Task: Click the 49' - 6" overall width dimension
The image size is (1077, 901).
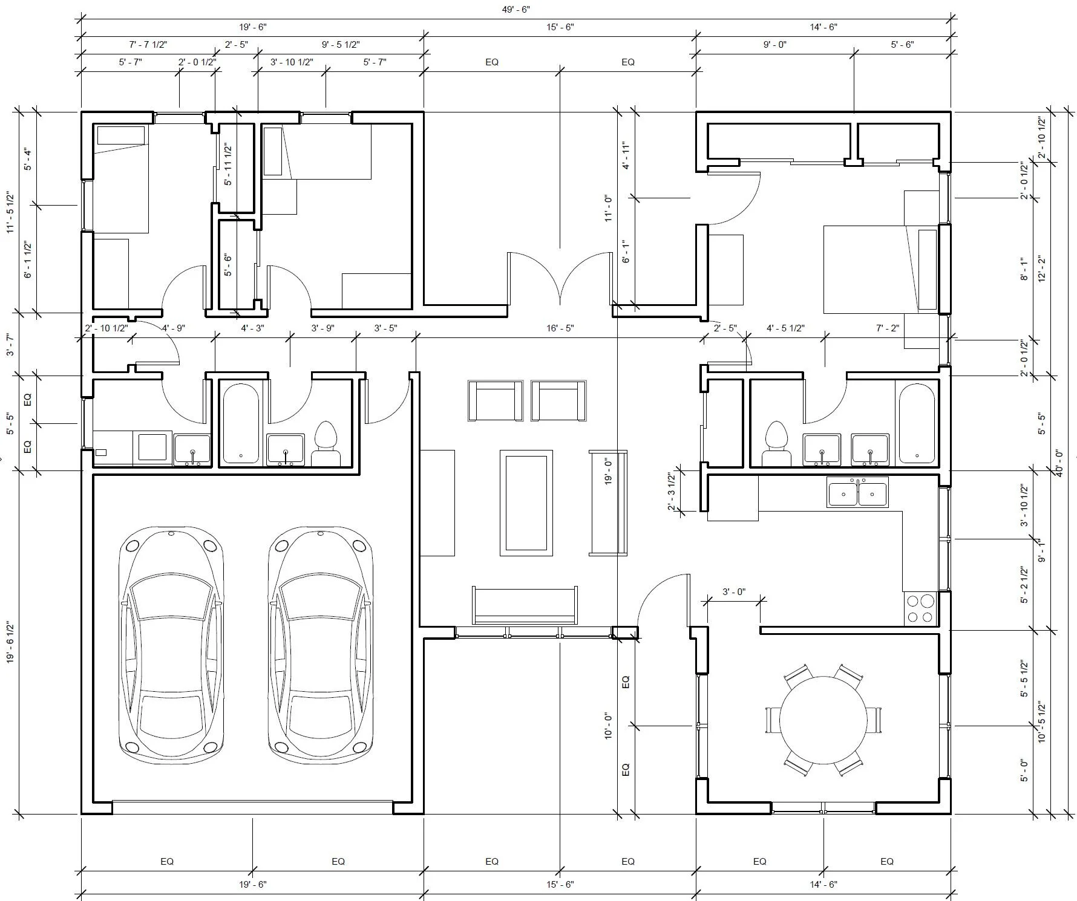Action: pos(516,9)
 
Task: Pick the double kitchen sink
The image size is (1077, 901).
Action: pos(857,492)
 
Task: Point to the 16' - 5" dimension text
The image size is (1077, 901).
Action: pos(560,328)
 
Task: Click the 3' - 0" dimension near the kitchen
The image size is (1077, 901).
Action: pos(733,592)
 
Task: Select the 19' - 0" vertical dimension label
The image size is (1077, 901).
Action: pos(607,471)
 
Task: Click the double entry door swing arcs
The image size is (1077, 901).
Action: pos(560,278)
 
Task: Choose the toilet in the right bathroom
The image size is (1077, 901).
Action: pos(777,444)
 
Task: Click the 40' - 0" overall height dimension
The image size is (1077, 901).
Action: pos(1058,463)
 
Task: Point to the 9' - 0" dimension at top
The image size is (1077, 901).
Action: pos(774,45)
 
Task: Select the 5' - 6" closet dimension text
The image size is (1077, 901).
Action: pos(228,265)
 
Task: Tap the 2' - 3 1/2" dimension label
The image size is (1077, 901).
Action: pos(671,492)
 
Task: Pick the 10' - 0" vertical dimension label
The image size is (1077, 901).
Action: pos(608,725)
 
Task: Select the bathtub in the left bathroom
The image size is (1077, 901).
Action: pos(241,424)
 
